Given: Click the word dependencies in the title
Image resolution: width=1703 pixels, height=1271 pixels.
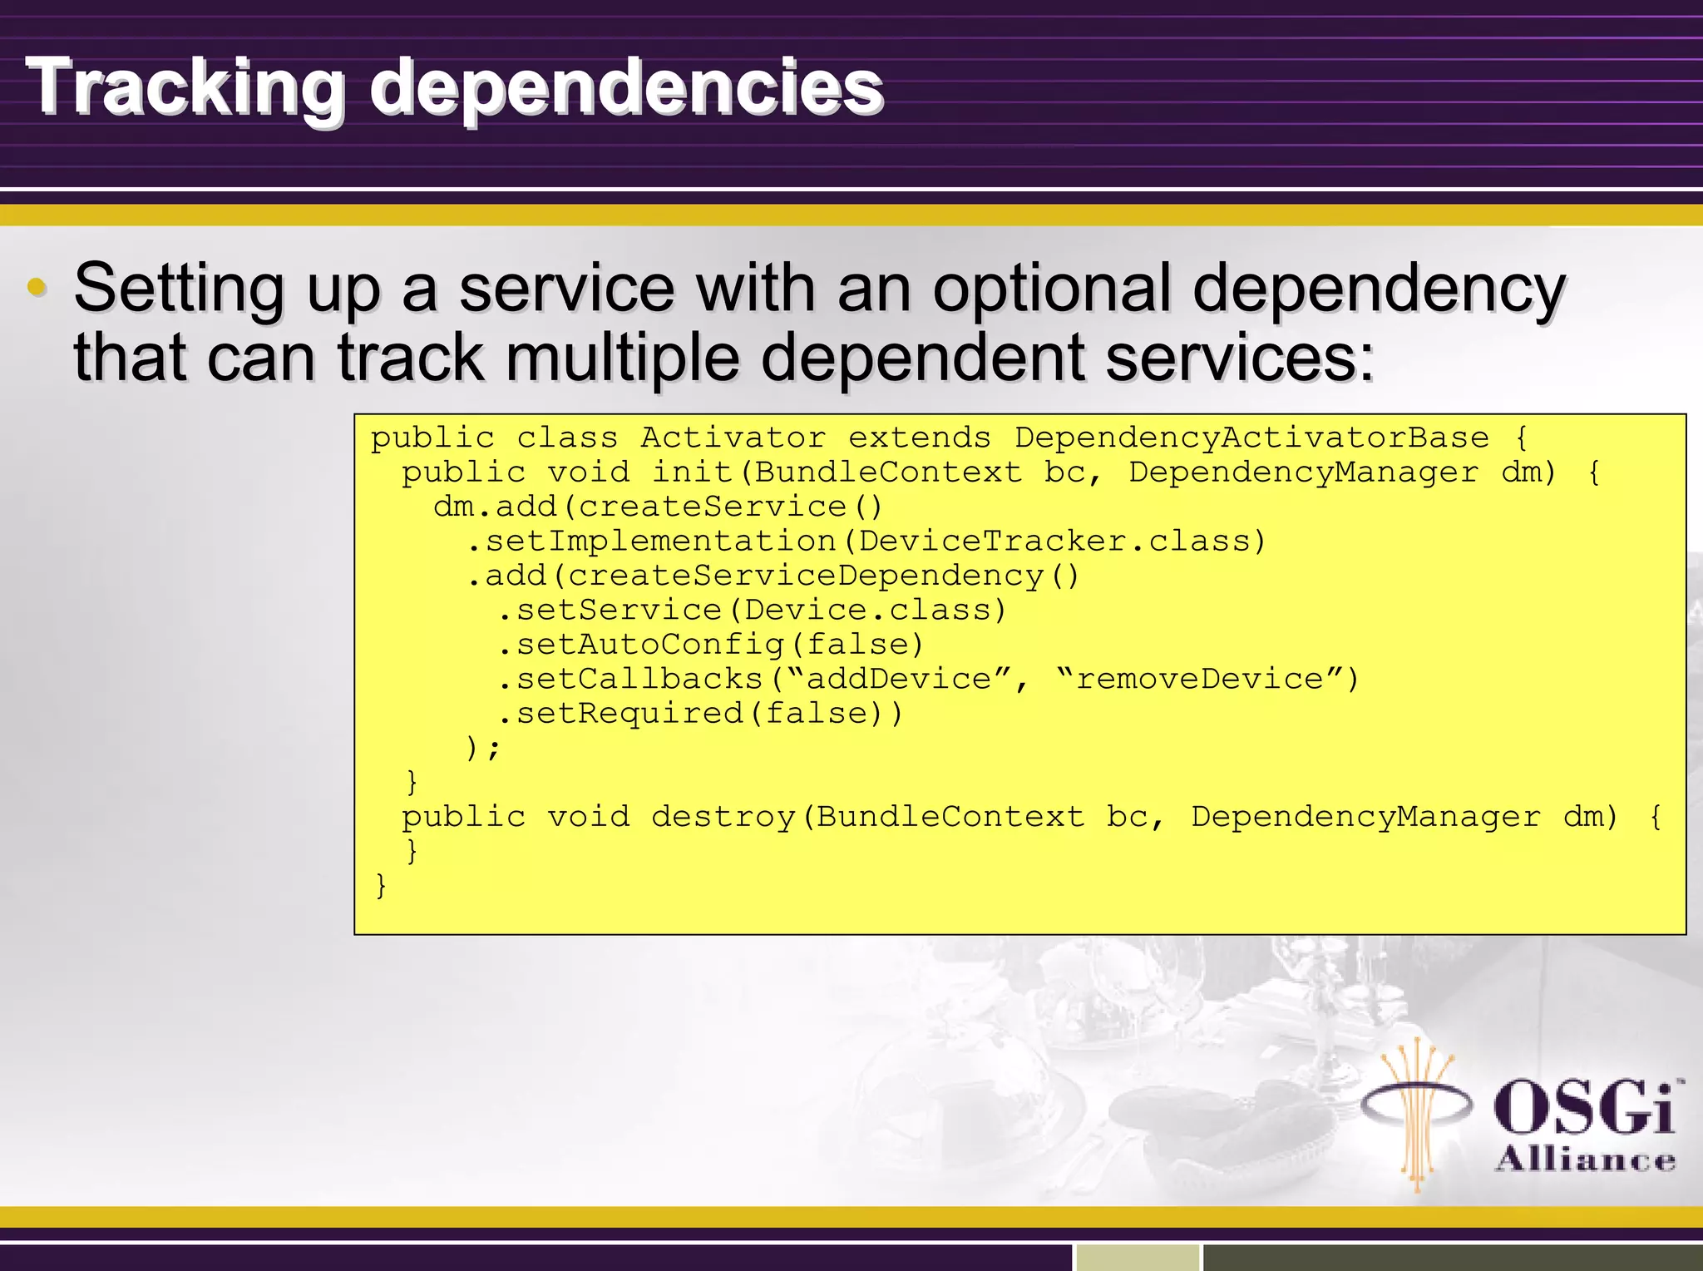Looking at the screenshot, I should pos(625,88).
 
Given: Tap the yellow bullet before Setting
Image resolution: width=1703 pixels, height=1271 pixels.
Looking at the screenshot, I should pos(36,288).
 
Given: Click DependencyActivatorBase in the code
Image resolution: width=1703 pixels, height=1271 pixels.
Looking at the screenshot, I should pos(1251,438).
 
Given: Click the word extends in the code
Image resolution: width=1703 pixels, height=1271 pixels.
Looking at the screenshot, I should pos(919,438).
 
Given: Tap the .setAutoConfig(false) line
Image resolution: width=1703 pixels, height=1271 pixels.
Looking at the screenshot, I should pos(710,645).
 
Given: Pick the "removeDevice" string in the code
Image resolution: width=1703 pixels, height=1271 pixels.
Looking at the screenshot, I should pos(1199,679).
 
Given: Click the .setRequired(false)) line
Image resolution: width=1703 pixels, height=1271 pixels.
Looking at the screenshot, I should pos(698,714).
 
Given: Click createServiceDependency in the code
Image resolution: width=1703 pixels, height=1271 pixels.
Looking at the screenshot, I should pos(805,576).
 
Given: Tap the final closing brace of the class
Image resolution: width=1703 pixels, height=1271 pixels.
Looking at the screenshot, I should pos(381,885).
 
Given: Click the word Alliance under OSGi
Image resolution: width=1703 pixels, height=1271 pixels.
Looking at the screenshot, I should pos(1585,1160).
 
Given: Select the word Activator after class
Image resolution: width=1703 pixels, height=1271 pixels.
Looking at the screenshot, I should pos(732,438).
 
